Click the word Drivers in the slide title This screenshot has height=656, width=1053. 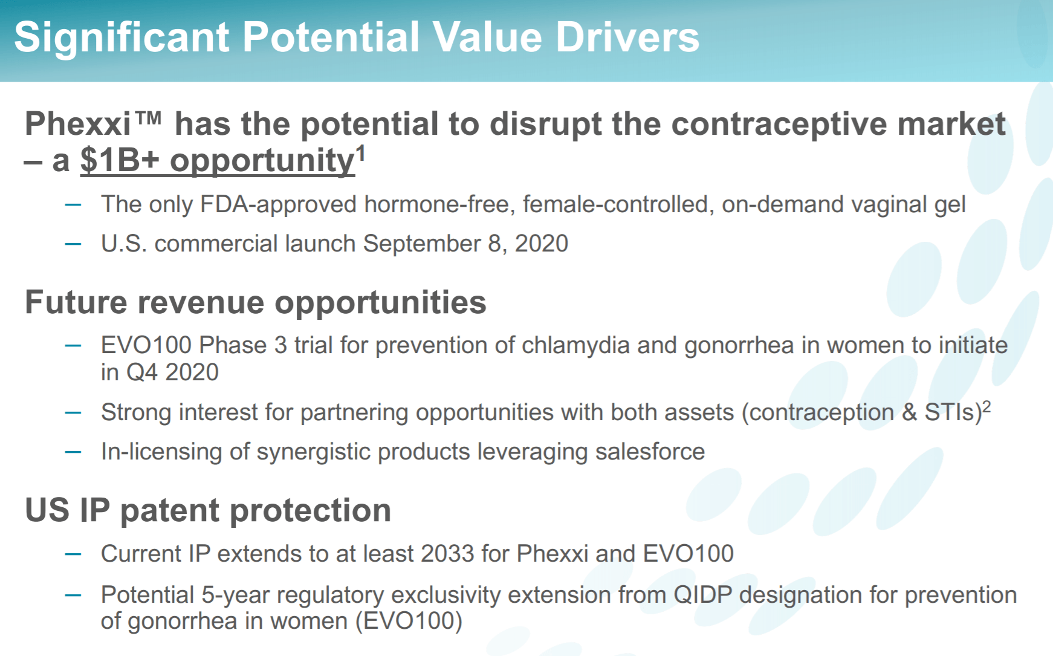627,37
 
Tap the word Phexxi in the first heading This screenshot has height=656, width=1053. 78,124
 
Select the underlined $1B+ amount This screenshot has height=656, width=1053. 120,160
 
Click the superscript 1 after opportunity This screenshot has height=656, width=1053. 361,153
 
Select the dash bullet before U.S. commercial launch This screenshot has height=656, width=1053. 73,244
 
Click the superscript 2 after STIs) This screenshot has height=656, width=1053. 987,406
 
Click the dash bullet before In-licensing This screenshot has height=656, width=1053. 73,452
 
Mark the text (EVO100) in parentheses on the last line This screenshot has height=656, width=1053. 409,621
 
